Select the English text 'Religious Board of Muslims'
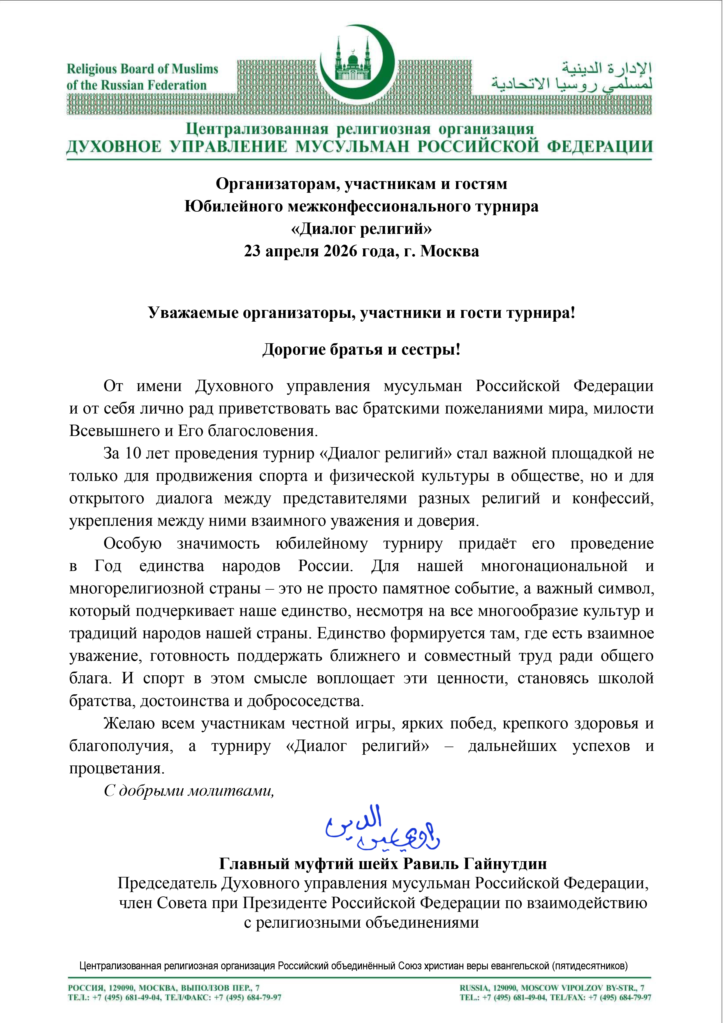click(x=142, y=69)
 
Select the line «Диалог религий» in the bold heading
click(x=361, y=229)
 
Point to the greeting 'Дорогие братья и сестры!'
click(x=361, y=350)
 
